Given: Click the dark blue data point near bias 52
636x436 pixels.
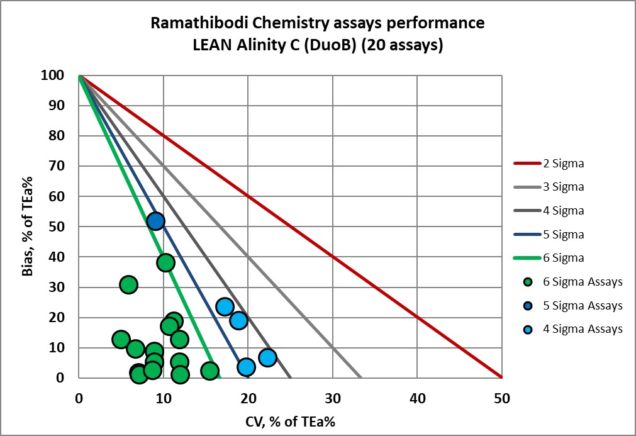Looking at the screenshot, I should (x=155, y=221).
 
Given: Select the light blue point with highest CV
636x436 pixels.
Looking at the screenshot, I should (x=267, y=357).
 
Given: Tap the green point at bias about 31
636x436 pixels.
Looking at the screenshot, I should (x=128, y=284).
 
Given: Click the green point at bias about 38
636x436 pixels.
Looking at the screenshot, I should (x=165, y=262).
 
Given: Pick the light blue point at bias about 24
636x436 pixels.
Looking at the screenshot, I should (x=225, y=306).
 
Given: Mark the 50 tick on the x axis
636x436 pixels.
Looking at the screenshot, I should (x=501, y=398).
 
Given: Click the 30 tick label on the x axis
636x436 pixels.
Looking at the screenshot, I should (x=332, y=398).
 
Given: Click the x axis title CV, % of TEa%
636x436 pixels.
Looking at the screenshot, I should (x=291, y=422).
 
